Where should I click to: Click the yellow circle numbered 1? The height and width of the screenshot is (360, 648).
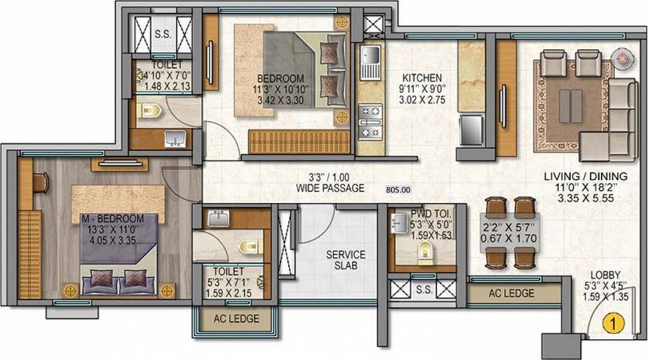(613, 323)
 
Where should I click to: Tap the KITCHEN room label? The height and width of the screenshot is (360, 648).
(422, 78)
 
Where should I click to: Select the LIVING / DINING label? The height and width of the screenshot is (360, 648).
(585, 176)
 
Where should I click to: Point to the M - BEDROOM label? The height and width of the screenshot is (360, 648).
(113, 218)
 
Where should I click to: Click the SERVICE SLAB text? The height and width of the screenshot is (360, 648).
(346, 260)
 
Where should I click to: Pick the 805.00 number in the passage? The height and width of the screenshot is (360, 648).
(398, 190)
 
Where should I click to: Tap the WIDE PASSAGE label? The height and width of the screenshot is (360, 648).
(330, 188)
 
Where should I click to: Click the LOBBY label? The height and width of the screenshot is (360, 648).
(605, 275)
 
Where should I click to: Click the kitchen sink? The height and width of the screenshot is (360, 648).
(370, 63)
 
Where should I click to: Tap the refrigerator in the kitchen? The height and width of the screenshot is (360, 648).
(471, 130)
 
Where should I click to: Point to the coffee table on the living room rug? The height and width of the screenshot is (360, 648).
(571, 105)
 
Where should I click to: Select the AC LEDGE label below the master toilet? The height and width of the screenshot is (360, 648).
(236, 319)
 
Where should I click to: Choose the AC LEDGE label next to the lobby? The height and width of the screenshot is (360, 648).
(512, 294)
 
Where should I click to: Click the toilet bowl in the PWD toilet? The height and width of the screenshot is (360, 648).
(425, 252)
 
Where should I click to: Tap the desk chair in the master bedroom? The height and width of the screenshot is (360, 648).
(41, 183)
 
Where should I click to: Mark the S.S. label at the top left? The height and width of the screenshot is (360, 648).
(163, 34)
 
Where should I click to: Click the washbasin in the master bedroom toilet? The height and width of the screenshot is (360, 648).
(219, 218)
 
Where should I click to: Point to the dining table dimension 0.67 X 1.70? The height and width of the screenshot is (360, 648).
(509, 238)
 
